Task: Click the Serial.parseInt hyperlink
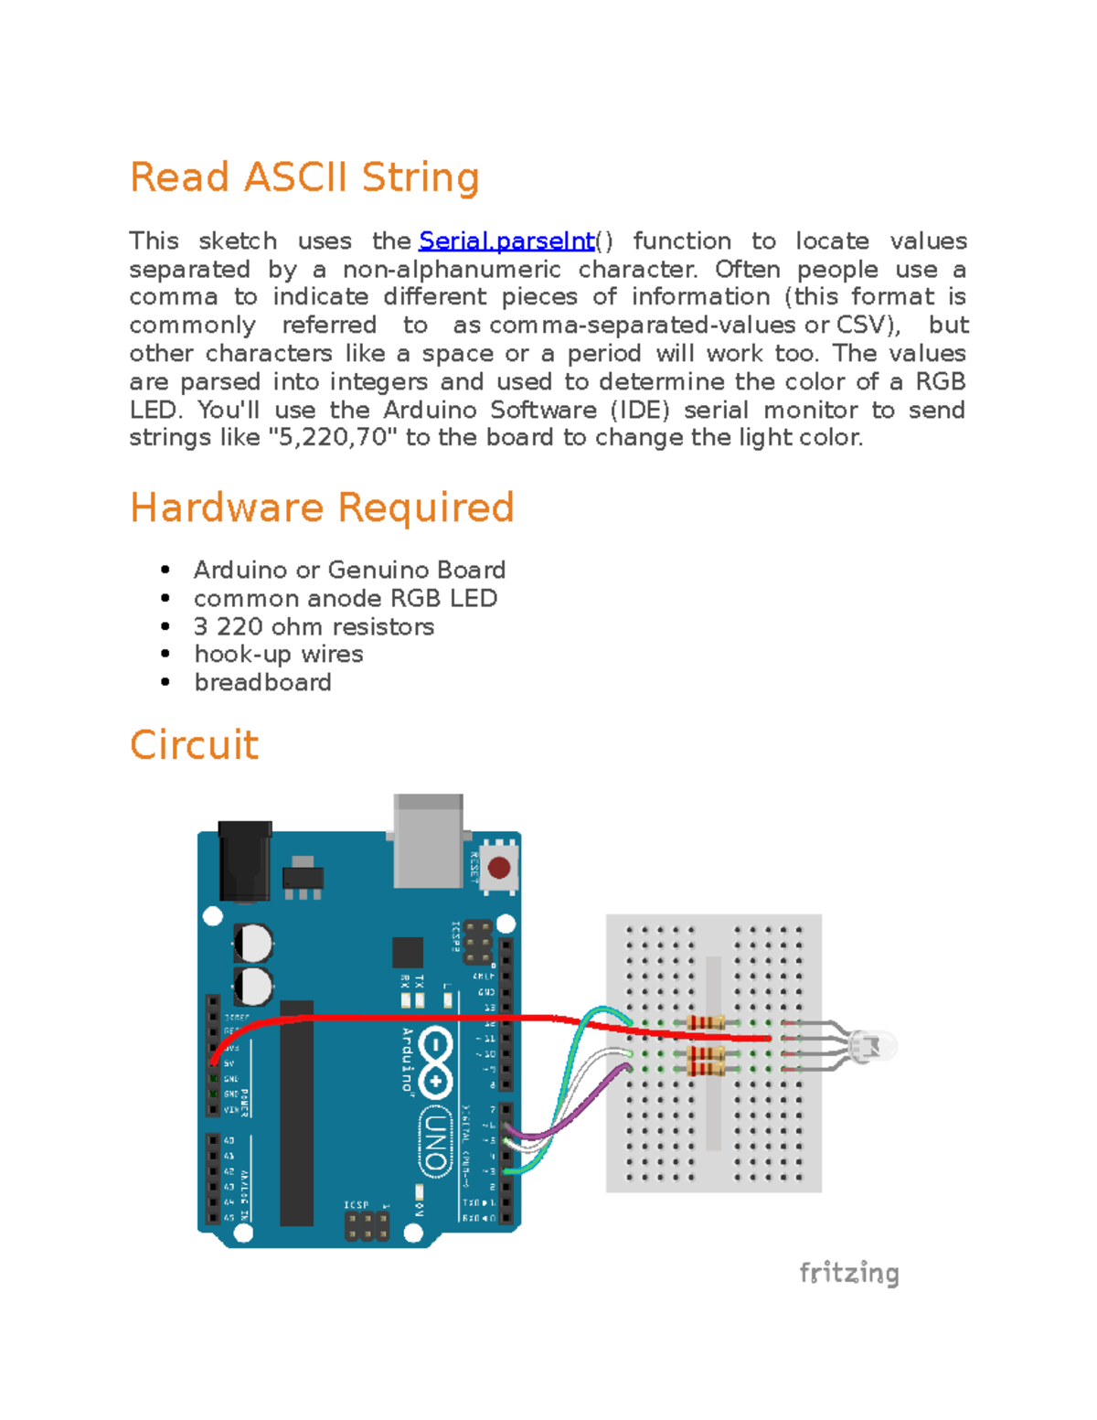click(506, 241)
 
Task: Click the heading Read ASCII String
click(304, 177)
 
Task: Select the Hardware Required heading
click(322, 507)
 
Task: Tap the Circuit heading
click(194, 745)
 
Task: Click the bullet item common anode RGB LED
click(345, 598)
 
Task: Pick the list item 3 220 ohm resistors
click(314, 626)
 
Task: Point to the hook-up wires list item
click(279, 655)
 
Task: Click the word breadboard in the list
click(262, 683)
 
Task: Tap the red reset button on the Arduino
click(499, 867)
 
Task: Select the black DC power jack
click(244, 859)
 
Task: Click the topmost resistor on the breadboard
click(705, 1022)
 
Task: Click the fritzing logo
click(848, 1273)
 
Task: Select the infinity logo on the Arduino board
click(436, 1061)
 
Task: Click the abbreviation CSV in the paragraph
click(865, 326)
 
